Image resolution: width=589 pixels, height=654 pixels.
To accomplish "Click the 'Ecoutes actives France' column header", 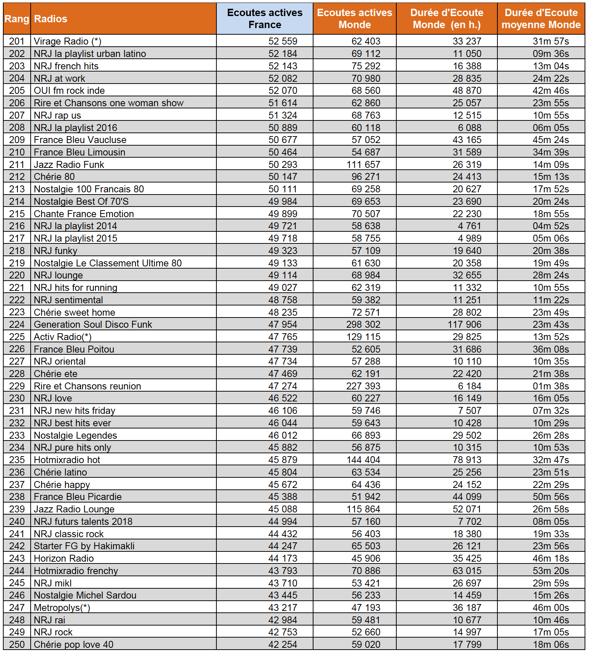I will pos(265,19).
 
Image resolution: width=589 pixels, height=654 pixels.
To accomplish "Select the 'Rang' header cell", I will pos(17,19).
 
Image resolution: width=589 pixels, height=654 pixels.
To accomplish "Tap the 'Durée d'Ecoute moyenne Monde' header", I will pos(541,19).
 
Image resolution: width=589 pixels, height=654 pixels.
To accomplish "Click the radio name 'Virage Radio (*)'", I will pos(68,41).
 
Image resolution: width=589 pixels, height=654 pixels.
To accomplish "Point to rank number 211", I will pos(17,165).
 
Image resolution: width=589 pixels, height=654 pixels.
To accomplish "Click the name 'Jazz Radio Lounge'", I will pos(74,509).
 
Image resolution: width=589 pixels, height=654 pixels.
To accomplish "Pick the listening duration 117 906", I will pos(465,324).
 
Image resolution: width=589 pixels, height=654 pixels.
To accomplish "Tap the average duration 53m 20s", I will pos(551,571).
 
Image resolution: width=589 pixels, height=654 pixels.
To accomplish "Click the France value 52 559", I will pos(283,41).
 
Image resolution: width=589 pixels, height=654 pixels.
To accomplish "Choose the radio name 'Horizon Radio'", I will pos(64,558).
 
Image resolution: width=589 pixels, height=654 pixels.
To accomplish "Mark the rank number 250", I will pos(17,645).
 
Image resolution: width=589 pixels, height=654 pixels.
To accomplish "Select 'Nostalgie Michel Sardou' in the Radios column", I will pos(85,595).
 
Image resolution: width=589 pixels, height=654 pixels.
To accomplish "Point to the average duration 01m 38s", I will pos(551,386).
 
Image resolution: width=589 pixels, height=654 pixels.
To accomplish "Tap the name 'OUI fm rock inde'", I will pos(69,91).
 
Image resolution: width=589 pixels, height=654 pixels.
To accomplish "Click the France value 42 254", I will pos(283,645).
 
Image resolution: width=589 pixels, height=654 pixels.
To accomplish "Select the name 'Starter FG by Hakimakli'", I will pos(84,546).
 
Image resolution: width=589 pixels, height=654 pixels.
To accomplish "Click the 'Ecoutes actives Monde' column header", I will pos(354,19).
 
